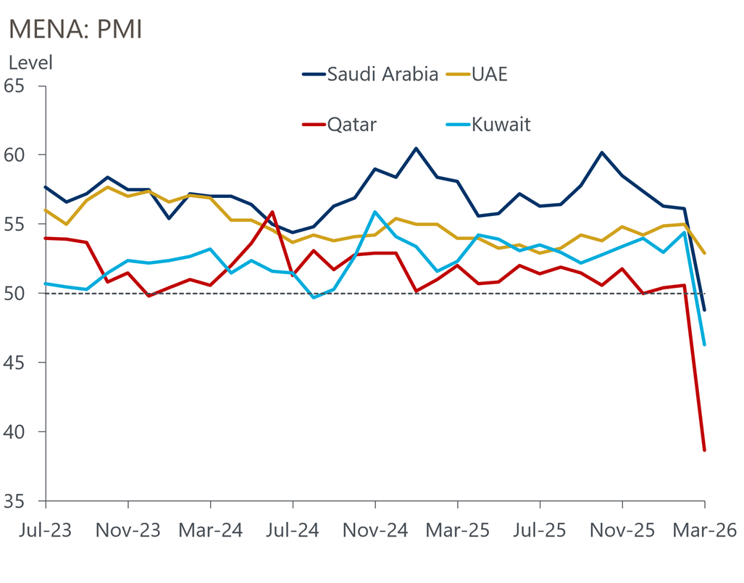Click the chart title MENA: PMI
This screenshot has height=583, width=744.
tap(75, 29)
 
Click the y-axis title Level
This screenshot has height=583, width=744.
tap(30, 63)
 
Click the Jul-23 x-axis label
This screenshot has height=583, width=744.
tap(45, 530)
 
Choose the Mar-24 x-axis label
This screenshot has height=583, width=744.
tap(210, 530)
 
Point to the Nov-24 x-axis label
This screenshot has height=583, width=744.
tap(375, 530)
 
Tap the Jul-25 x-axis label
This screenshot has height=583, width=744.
tap(540, 530)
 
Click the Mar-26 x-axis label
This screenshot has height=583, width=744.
tap(705, 530)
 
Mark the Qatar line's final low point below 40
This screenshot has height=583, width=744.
tap(704, 450)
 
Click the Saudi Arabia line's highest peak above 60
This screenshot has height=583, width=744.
tap(416, 149)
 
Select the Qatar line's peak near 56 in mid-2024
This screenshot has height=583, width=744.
tap(272, 212)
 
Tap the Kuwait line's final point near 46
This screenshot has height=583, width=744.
tap(704, 344)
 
